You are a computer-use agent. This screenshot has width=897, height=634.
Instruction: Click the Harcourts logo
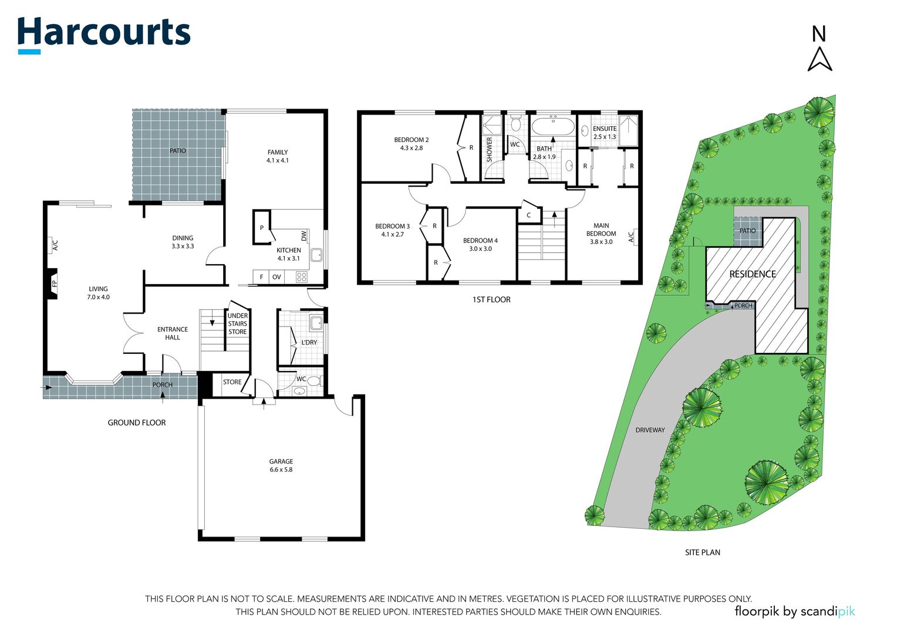tap(104, 34)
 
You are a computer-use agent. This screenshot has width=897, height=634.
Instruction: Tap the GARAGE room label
tap(281, 461)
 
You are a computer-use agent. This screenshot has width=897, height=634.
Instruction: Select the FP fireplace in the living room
tap(53, 284)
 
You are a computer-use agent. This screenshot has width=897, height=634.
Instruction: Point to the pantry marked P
tap(262, 228)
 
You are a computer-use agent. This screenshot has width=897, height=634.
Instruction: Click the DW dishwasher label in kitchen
tap(304, 235)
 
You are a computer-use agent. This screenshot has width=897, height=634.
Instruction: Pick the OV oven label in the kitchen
tap(276, 277)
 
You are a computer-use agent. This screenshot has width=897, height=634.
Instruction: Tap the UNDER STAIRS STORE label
tap(238, 324)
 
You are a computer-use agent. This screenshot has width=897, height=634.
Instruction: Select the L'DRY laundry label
tap(309, 342)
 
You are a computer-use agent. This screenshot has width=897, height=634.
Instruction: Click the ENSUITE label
tap(605, 129)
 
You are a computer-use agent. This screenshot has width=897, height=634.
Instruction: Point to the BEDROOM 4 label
tap(480, 241)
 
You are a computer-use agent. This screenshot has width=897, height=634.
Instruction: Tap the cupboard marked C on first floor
tap(528, 215)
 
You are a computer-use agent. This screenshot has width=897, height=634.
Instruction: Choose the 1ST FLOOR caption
tap(491, 299)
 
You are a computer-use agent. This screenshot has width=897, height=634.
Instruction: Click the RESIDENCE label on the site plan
tap(753, 274)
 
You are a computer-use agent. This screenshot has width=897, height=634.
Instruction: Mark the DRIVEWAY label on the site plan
tap(650, 430)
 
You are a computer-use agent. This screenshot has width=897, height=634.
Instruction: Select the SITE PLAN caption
tap(702, 552)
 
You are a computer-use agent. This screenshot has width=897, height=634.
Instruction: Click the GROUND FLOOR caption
tap(137, 423)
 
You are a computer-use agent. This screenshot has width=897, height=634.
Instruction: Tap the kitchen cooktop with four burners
tap(302, 277)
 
